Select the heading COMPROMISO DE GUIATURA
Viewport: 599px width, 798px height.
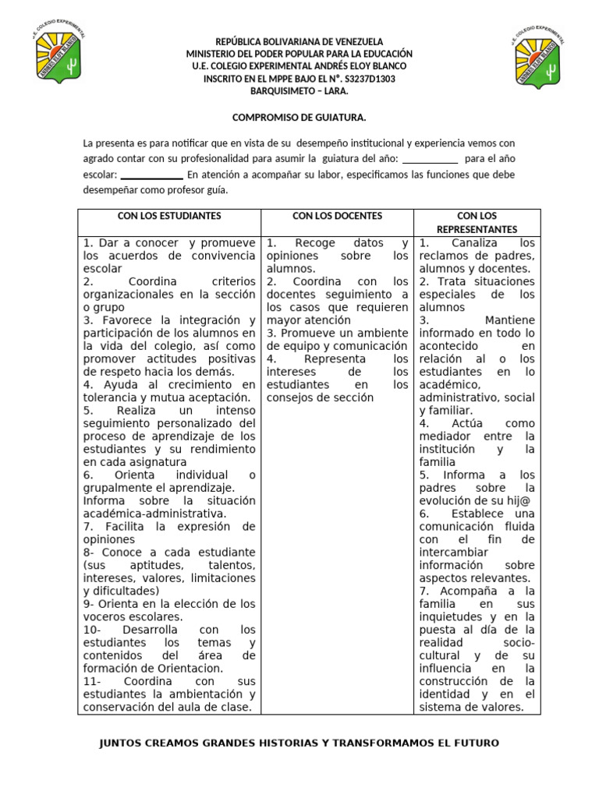299,117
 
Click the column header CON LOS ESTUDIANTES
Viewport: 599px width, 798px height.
169,215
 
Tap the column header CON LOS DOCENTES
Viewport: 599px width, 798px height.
337,215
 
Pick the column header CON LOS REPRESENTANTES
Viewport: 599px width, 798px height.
477,222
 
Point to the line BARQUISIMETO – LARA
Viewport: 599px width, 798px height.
299,91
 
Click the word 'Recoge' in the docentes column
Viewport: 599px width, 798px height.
316,243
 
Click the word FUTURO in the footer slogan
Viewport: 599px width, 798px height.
471,743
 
